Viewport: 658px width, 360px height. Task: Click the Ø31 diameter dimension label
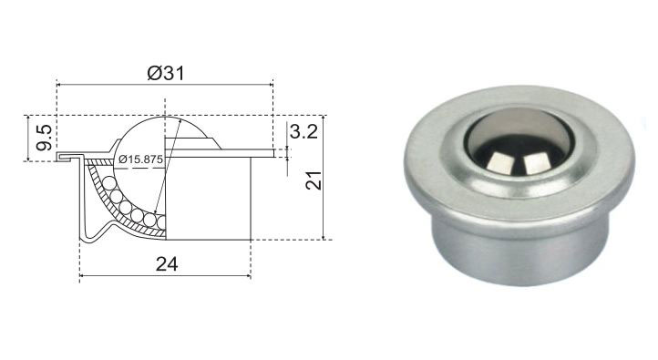pos(165,74)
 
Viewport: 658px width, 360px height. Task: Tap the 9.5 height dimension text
pos(44,138)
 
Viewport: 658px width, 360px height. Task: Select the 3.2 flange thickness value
pos(303,132)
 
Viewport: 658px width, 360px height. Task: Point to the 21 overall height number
pos(314,180)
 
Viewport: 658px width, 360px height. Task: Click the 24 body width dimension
pos(167,264)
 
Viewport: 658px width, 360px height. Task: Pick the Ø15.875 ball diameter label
pos(140,159)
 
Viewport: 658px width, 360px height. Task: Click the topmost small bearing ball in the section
pos(109,183)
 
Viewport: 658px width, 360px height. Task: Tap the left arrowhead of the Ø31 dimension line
pos(59,85)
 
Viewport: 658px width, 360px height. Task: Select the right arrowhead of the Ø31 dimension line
pos(270,85)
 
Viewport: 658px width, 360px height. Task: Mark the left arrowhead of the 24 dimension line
pos(83,275)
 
